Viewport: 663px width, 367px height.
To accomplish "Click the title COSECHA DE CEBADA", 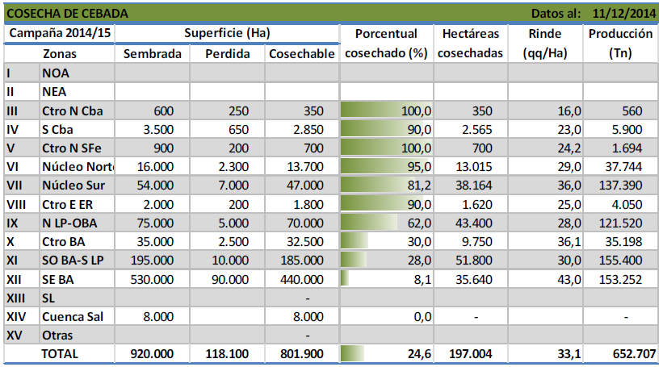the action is tap(67, 14).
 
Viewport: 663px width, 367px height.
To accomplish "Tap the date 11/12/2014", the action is tap(623, 14).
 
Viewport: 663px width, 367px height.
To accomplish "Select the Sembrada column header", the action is tap(152, 53).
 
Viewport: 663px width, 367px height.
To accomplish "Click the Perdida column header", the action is tap(227, 53).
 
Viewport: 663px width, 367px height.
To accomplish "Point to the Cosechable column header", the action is tap(302, 53).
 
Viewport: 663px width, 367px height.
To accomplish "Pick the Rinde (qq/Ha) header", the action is tap(545, 43).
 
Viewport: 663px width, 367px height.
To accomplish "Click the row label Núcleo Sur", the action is tap(73, 185).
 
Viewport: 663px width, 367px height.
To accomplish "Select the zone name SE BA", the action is tap(57, 279).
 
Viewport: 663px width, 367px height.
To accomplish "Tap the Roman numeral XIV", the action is tap(16, 316).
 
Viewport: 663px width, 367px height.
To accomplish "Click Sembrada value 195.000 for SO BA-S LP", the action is tap(152, 261).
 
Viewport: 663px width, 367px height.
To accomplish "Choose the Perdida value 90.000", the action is tap(230, 279).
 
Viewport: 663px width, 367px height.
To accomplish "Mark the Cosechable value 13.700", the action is tap(305, 166).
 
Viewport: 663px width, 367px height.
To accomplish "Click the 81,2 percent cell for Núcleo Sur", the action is tap(419, 185).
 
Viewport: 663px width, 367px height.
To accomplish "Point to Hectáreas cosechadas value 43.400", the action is tap(473, 223).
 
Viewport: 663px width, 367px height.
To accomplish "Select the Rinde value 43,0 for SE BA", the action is tap(569, 279).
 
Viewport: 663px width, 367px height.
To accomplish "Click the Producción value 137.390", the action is tap(620, 185).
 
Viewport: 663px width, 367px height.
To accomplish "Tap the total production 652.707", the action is tap(634, 353).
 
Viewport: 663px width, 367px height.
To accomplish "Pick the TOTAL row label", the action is tap(60, 353).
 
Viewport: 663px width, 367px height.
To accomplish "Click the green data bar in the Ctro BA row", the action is tap(355, 241).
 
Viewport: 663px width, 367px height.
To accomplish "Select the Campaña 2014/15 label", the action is tap(60, 33).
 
